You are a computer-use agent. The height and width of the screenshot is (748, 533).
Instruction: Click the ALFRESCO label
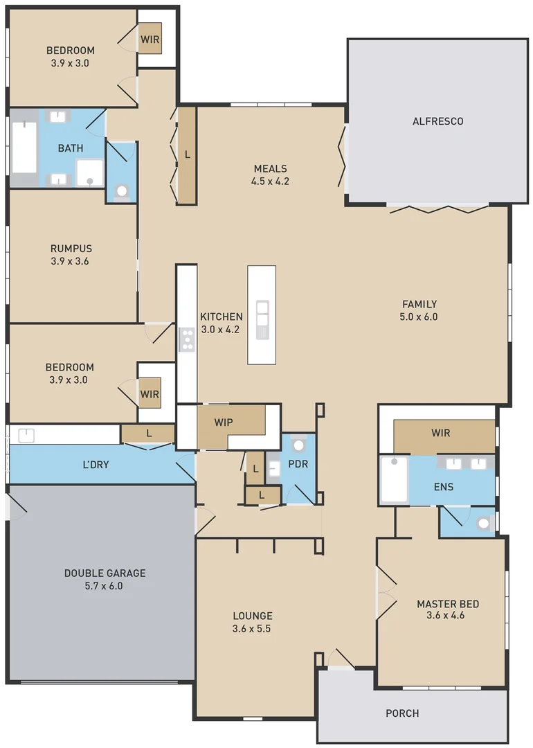coord(437,121)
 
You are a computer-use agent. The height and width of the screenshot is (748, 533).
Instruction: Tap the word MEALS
coord(270,169)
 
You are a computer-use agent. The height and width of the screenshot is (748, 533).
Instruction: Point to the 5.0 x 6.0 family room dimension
coord(419,317)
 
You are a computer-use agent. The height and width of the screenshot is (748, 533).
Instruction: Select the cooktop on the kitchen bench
coord(186,339)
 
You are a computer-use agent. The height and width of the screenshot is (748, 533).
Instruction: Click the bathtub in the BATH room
coord(24,147)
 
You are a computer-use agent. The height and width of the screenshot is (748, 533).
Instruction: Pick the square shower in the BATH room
coord(89,173)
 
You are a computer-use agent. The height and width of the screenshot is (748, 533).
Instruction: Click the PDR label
coord(298,464)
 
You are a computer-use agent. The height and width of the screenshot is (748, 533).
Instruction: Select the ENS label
coord(443,487)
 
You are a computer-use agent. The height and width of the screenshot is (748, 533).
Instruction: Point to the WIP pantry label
coord(223,421)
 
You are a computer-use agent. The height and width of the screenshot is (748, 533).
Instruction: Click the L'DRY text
coord(95,465)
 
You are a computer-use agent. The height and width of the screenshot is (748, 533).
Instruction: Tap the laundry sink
coord(26,435)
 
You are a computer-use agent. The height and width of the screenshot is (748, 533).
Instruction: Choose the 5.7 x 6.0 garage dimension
coord(105,586)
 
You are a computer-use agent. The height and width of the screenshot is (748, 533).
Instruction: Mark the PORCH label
coord(402,713)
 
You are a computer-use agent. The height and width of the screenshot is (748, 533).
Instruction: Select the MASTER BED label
coord(447,604)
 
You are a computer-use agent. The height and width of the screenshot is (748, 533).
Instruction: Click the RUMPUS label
coord(71,249)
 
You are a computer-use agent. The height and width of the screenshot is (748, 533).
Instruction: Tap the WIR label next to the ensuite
coord(440,434)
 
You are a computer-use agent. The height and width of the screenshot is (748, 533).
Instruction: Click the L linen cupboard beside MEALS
coord(187,155)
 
